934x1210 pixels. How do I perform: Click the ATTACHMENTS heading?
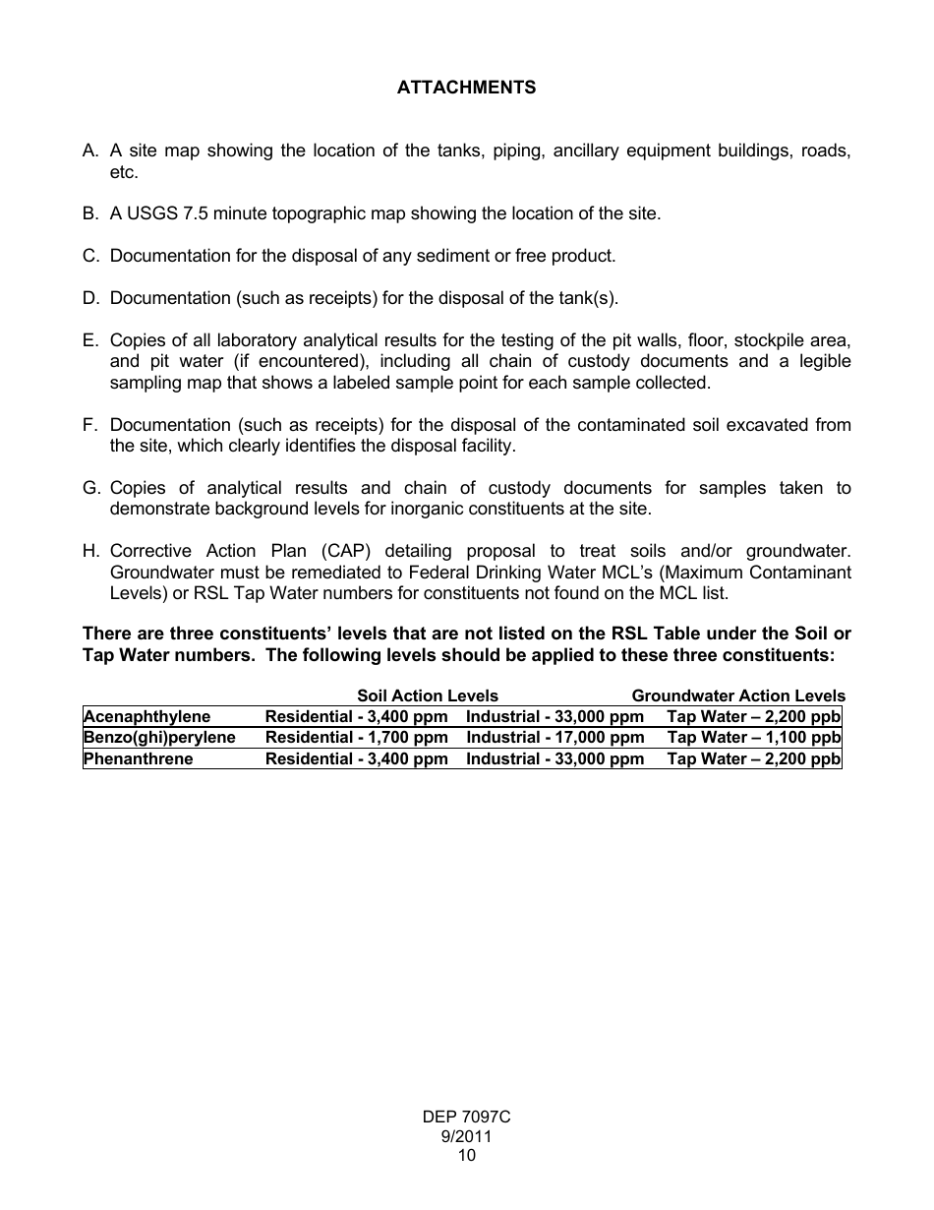466,88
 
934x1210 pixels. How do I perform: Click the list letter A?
90,151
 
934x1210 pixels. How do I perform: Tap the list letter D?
90,298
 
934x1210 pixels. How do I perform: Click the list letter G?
91,488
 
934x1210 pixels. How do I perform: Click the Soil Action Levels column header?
428,696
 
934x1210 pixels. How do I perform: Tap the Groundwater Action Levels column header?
738,696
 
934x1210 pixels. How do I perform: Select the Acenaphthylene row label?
146,717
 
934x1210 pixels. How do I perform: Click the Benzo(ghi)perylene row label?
159,738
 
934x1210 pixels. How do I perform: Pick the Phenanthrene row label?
138,759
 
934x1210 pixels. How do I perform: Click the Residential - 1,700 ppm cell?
356,738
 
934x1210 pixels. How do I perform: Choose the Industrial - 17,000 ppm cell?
555,738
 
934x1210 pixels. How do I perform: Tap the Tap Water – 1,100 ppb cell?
753,738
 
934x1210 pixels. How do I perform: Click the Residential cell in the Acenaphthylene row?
356,717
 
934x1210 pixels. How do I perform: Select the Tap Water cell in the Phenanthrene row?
753,759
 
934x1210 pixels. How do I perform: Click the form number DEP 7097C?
466,1118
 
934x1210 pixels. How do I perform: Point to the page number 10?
466,1156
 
